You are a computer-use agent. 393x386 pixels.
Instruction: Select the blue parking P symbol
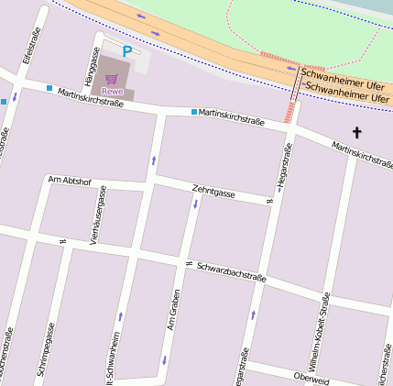pos(127,52)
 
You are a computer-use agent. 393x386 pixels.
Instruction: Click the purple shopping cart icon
pos(112,79)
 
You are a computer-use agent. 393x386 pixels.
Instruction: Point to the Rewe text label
pos(112,91)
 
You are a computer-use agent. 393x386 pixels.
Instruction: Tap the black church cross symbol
pos(356,133)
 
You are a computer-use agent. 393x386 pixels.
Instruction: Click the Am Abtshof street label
pos(69,180)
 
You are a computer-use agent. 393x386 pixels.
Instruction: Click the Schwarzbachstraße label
pos(231,267)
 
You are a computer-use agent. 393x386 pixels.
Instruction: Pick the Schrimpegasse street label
pos(51,350)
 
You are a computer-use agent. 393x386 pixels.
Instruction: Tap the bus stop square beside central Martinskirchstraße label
pos(194,112)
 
